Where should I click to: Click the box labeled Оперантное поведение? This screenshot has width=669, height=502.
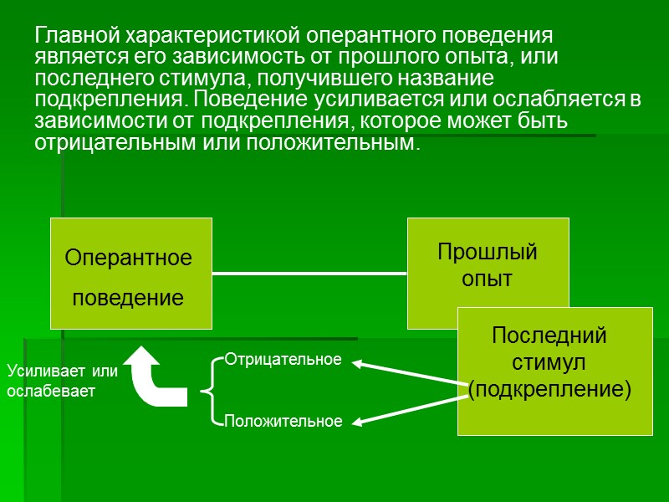point(130,273)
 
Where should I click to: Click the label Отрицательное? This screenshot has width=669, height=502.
point(283,359)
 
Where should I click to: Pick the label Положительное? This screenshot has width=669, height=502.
point(283,421)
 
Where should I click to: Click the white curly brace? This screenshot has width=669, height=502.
point(210,390)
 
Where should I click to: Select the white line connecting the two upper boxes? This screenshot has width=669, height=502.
point(309,273)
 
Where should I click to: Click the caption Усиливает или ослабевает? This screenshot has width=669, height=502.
point(63,380)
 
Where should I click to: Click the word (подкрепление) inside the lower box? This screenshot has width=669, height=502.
point(549,389)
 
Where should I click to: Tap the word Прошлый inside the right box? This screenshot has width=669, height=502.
point(488,252)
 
